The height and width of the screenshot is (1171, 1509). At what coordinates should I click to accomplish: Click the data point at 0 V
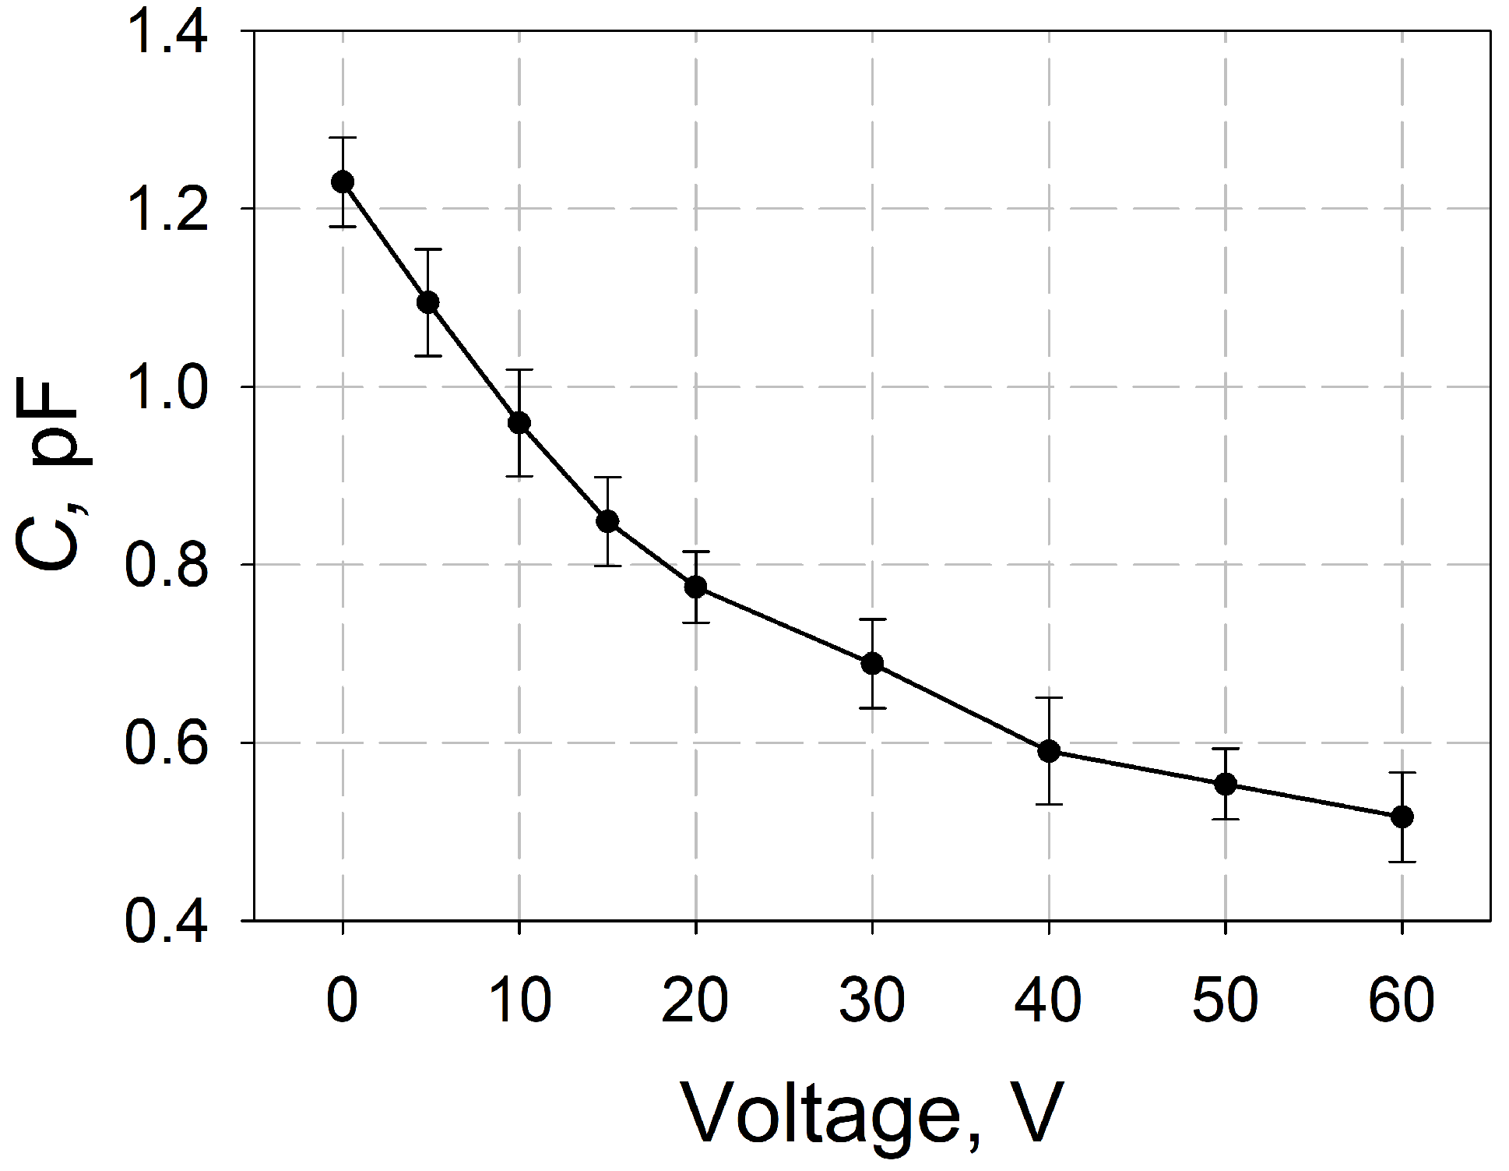click(343, 182)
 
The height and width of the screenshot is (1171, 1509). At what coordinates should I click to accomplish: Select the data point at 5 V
click(428, 302)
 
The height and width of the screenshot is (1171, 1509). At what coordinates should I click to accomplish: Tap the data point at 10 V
click(519, 423)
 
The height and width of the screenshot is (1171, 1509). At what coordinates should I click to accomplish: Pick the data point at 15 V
click(607, 521)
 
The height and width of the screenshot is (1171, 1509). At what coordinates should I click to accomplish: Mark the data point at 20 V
click(695, 587)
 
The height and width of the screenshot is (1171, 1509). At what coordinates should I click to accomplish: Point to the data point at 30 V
click(872, 664)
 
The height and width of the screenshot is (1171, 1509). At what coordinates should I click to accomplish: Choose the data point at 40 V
click(1049, 751)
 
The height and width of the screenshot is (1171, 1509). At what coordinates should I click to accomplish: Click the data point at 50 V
click(1226, 784)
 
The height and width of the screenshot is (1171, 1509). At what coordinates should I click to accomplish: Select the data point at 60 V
click(1402, 817)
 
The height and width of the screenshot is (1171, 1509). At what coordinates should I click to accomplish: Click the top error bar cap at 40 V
click(1049, 698)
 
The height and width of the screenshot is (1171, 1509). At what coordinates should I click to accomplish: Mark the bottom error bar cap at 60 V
click(1402, 861)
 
